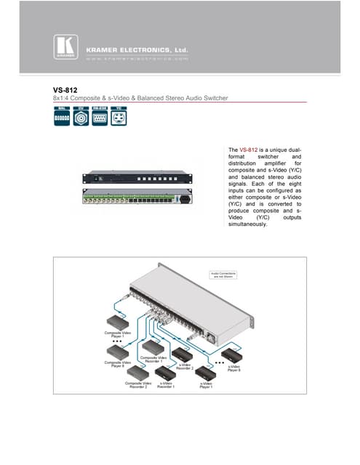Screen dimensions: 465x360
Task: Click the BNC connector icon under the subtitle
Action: [81, 116]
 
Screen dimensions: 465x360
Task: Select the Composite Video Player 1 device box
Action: [117, 322]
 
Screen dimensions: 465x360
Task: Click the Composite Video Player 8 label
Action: [117, 363]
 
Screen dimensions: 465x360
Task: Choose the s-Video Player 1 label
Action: [207, 384]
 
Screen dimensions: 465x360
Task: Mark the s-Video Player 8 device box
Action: [234, 355]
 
